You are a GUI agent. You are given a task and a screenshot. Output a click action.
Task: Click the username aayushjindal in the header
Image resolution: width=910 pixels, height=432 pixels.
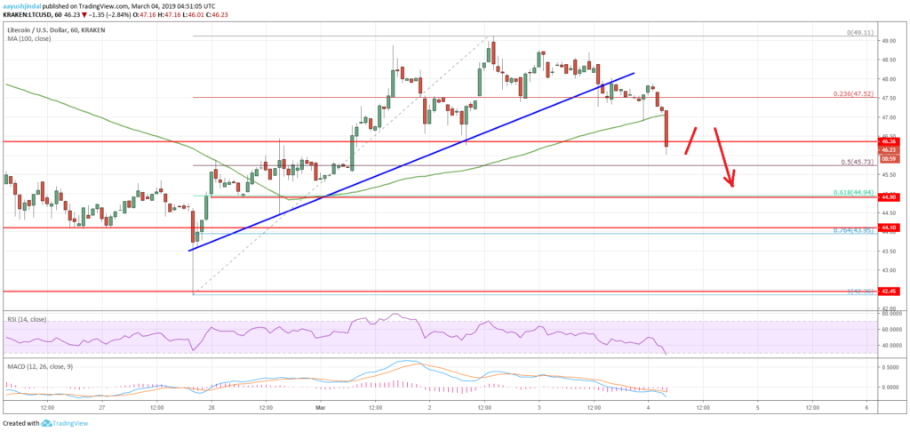coord(26,4)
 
